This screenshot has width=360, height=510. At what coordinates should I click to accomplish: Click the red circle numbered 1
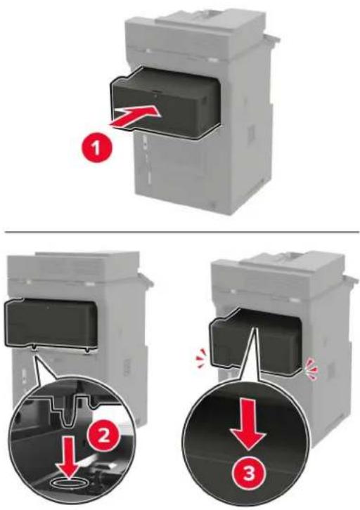pos(96,150)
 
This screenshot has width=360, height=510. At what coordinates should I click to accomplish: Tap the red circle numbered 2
pos(104,436)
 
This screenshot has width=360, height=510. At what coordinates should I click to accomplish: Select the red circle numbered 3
pos(249,475)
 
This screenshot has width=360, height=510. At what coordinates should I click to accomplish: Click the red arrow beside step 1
pos(135,117)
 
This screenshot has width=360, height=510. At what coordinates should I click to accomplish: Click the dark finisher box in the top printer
pos(165,103)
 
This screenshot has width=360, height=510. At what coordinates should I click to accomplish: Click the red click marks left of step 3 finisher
pos(201,355)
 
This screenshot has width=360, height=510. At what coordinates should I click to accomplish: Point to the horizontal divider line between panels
pos(181,232)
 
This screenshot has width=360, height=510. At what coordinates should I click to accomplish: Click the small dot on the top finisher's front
pos(155,96)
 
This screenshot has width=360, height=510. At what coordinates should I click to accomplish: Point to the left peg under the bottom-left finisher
pos(34,348)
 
